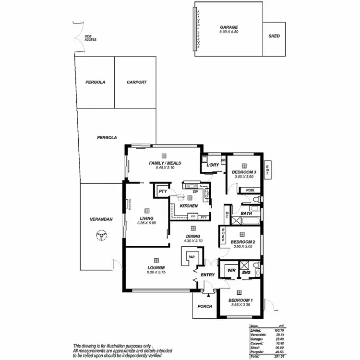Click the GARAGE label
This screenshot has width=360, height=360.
[x=229, y=27]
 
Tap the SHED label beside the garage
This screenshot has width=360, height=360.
[x=274, y=36]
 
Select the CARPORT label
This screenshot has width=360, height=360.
[x=136, y=82]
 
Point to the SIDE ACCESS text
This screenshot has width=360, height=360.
[x=90, y=38]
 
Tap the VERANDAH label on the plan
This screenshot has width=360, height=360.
[x=101, y=219]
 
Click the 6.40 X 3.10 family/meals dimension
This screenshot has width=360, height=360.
[x=164, y=168]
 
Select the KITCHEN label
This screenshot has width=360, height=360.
[x=189, y=206]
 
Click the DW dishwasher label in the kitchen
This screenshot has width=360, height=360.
[x=195, y=192]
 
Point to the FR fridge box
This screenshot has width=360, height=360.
[x=193, y=216]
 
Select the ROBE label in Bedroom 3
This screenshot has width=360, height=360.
[x=250, y=190]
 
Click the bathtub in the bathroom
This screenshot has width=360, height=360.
[x=251, y=221]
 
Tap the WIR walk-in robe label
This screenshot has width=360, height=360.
[x=231, y=271]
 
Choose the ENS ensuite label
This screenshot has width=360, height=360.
[x=246, y=272]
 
